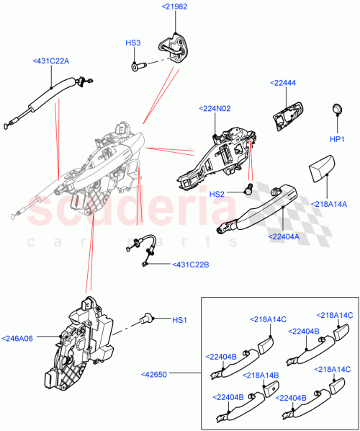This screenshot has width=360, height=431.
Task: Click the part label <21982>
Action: click(x=174, y=6)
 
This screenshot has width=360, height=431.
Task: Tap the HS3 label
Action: click(x=132, y=43)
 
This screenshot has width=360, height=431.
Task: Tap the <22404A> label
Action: click(x=284, y=236)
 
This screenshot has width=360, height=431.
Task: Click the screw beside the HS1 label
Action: click(x=149, y=316)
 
